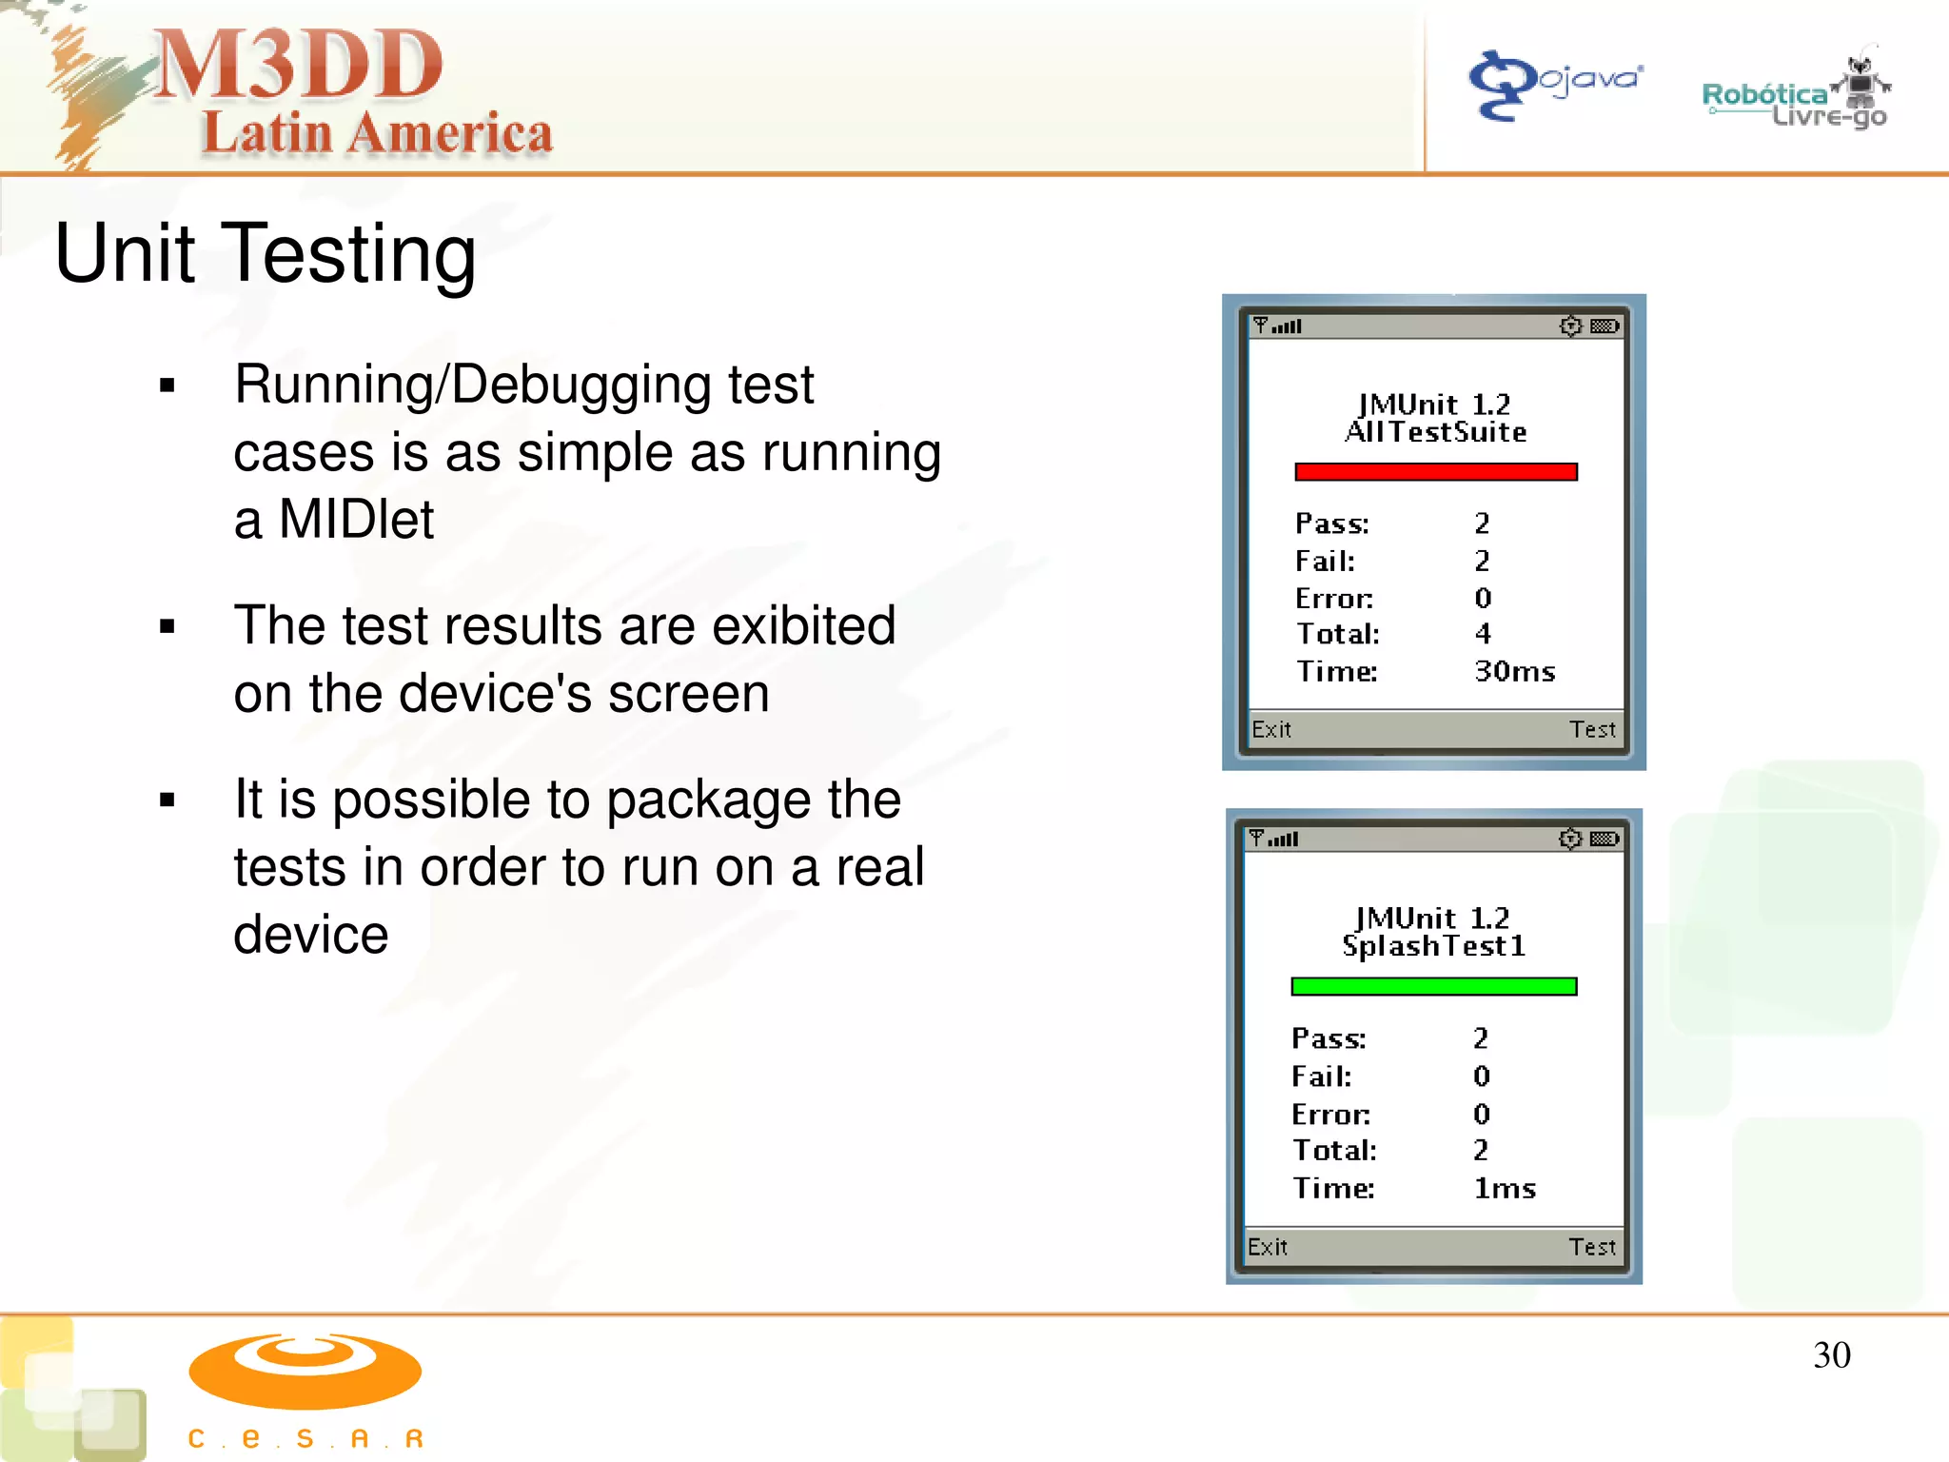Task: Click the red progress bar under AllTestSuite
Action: (x=1435, y=472)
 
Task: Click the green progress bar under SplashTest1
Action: (x=1433, y=987)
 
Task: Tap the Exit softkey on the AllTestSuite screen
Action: (x=1271, y=730)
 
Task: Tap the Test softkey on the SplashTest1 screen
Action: (x=1592, y=1247)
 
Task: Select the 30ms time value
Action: (x=1514, y=672)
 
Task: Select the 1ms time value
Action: (x=1505, y=1189)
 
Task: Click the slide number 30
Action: (x=1831, y=1355)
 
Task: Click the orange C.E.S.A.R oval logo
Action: (x=305, y=1371)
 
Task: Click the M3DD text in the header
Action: (x=298, y=65)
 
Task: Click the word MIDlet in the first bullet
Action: (x=356, y=521)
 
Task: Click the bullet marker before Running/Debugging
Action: (x=168, y=385)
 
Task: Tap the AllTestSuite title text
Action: (x=1435, y=433)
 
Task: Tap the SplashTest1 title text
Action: (x=1433, y=946)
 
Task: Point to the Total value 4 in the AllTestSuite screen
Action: (x=1483, y=634)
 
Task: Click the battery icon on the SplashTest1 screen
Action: (x=1604, y=839)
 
